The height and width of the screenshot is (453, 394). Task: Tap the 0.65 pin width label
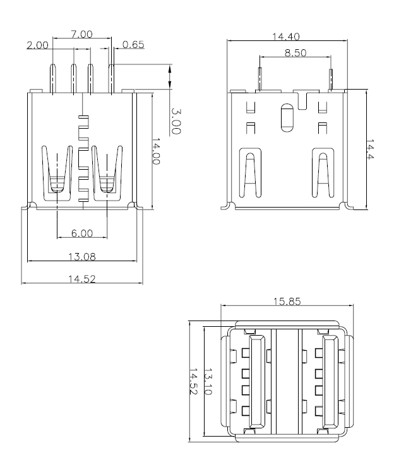point(133,45)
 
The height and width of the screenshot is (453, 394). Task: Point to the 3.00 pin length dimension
point(176,121)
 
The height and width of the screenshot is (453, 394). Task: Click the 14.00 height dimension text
point(156,152)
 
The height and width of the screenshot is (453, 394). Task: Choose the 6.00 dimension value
point(81,233)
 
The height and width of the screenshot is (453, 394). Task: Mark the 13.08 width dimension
point(81,256)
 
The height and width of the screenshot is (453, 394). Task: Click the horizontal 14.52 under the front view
point(81,278)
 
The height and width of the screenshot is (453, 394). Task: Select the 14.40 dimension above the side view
point(285,37)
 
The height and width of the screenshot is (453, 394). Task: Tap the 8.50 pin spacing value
point(295,54)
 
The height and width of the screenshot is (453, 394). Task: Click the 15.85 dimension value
point(286,302)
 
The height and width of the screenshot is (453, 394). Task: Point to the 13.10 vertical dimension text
point(209,382)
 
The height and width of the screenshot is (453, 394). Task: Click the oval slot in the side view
point(286,117)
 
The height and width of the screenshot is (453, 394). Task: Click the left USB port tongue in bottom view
point(257,381)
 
